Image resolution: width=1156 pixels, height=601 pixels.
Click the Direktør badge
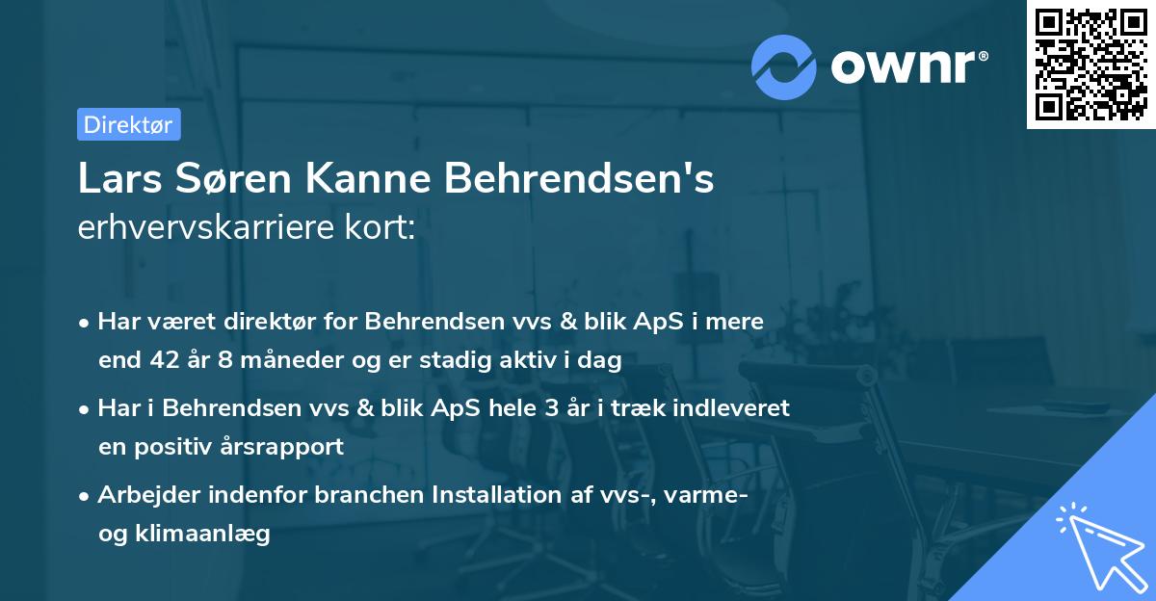coord(128,124)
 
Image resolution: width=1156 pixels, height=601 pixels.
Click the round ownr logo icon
coord(783,66)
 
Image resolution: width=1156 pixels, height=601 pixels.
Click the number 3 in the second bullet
coord(551,407)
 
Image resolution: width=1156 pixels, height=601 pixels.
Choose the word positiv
coord(176,447)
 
